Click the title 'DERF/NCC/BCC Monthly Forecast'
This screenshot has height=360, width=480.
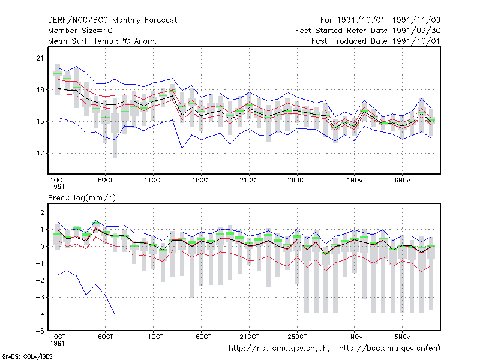pyautogui.click(x=112, y=20)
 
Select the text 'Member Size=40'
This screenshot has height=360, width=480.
pyautogui.click(x=80, y=31)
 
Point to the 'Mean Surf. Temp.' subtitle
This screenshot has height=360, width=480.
pyautogui.click(x=79, y=41)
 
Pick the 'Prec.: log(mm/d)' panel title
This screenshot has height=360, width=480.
pyautogui.click(x=82, y=198)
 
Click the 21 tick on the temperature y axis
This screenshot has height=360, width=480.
pyautogui.click(x=40, y=58)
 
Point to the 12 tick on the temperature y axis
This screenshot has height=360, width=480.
pyautogui.click(x=40, y=153)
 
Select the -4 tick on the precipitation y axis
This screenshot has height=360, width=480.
pyautogui.click(x=40, y=314)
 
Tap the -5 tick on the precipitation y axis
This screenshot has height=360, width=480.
pyautogui.click(x=40, y=331)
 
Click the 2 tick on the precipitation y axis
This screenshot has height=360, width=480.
pyautogui.click(x=42, y=212)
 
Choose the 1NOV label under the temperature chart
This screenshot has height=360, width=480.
pyautogui.click(x=355, y=181)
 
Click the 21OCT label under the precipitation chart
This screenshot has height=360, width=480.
pyautogui.click(x=249, y=337)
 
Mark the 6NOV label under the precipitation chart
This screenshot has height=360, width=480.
pyautogui.click(x=402, y=337)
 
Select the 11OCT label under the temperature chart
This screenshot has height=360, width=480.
pyautogui.click(x=154, y=181)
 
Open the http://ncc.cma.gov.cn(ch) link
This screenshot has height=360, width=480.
pyautogui.click(x=279, y=349)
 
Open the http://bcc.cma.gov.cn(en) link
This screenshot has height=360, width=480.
pyautogui.click(x=389, y=349)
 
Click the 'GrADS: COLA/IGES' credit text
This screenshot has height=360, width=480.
pyautogui.click(x=27, y=356)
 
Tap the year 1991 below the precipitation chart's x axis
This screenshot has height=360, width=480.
pyautogui.click(x=57, y=343)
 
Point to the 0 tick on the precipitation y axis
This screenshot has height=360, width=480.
pyautogui.click(x=42, y=247)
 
